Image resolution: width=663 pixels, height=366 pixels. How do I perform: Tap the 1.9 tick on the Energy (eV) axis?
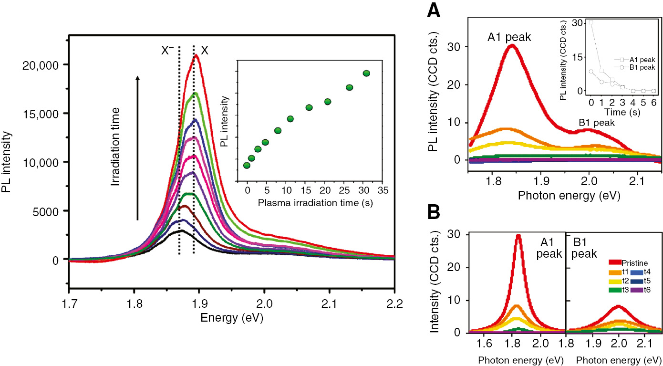click(x=199, y=303)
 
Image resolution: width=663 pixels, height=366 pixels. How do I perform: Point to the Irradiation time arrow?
click(x=138, y=148)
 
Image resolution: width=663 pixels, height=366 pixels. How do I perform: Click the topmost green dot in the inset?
click(x=366, y=73)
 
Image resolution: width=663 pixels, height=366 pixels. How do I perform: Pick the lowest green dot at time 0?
click(x=247, y=165)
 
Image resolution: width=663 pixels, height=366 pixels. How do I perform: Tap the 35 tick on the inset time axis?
click(x=382, y=190)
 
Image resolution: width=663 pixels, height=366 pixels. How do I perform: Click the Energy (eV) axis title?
click(x=232, y=317)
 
